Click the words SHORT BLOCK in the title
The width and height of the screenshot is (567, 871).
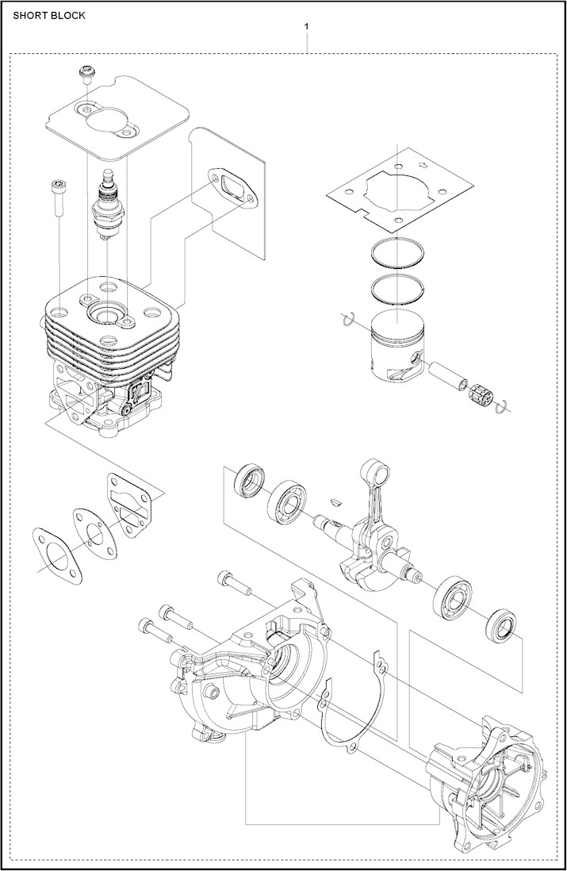[49, 15]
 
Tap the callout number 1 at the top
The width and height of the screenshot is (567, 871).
[307, 26]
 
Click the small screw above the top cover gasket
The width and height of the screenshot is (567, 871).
[86, 75]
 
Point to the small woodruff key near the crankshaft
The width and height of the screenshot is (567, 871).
[336, 501]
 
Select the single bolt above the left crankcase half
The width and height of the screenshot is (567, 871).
[232, 583]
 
